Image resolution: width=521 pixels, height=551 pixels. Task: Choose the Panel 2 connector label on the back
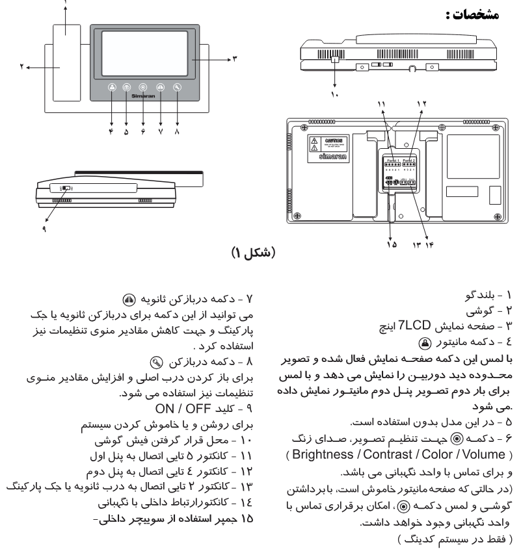[409, 160]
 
